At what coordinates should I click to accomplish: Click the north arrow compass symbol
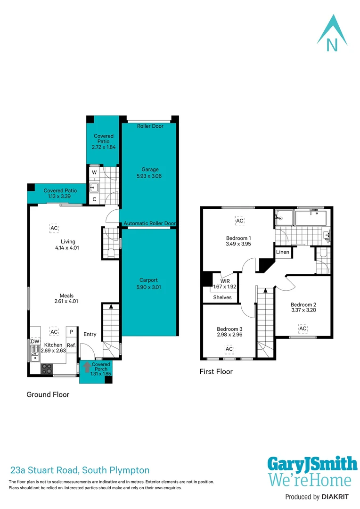pos(332,33)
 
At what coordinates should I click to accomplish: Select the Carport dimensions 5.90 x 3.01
pos(148,287)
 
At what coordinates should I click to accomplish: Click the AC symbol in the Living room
pos(54,228)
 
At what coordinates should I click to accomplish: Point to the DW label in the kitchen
pos(35,342)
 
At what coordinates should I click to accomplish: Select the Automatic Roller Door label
pos(149,223)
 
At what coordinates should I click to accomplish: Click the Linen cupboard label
pos(283,252)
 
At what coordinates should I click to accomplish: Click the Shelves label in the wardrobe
pos(222,297)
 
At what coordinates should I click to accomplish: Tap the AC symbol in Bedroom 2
pos(303,328)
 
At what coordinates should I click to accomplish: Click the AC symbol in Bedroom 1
pos(239,221)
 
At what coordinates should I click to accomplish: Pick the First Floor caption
pos(216,371)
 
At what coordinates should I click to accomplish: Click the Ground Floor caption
pos(48,394)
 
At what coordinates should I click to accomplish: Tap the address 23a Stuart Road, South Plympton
pos(80,470)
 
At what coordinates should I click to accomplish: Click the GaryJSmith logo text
pos(312,464)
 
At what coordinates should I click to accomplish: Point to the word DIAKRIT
pos(339,497)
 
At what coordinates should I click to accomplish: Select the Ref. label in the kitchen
pos(71,345)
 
